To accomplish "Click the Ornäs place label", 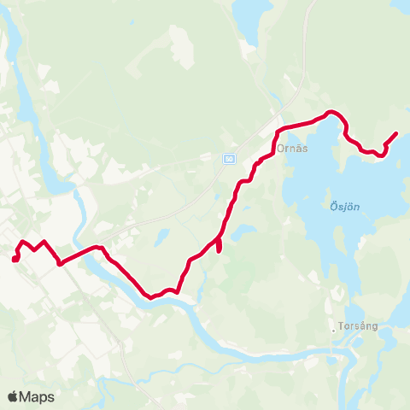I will pos(292,146).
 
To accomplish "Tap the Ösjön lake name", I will pos(343,206).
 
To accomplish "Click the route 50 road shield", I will pos(229,159).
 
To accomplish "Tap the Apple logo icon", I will pos(13,396).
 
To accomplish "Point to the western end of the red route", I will pos(15,258).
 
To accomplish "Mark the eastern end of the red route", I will pos(396,133).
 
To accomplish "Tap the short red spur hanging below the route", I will pos(220,247).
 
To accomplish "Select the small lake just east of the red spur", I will pos(243,231).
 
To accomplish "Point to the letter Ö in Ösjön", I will pos(332,206).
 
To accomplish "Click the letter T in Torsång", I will pos(340,326).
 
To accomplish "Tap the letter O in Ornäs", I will pos(281,146).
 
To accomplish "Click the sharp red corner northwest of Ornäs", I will pos(278,131).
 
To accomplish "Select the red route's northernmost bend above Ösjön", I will pos(333,113).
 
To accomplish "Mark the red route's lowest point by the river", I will pos(150,297).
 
